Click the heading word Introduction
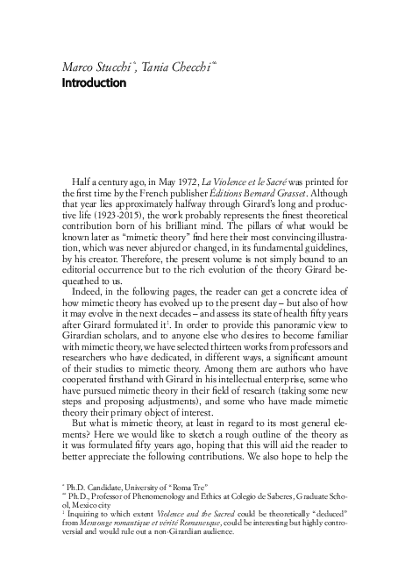[95, 84]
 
